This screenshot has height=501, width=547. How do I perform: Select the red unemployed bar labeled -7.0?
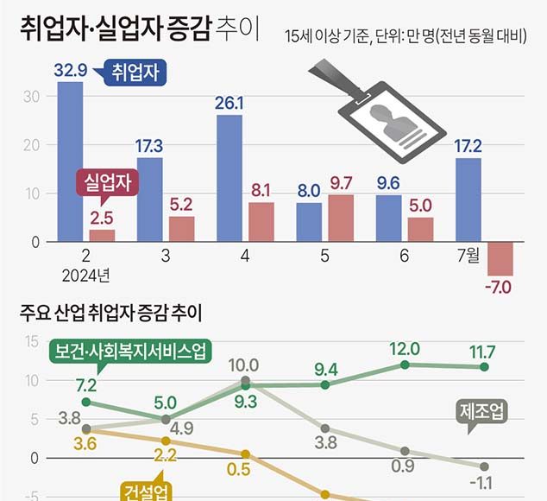click(x=500, y=258)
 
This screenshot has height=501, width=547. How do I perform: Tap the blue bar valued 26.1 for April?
click(x=229, y=179)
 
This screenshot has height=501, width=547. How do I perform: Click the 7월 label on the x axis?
click(x=468, y=257)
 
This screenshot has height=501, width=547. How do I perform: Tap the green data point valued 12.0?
click(x=404, y=365)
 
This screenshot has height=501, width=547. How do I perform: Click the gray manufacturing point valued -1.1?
click(x=484, y=466)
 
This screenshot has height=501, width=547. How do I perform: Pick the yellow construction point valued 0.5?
click(x=246, y=453)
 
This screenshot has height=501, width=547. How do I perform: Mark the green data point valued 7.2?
click(x=86, y=402)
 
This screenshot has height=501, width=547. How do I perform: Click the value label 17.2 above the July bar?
click(x=468, y=146)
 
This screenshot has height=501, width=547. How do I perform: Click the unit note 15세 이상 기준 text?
click(x=328, y=36)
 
